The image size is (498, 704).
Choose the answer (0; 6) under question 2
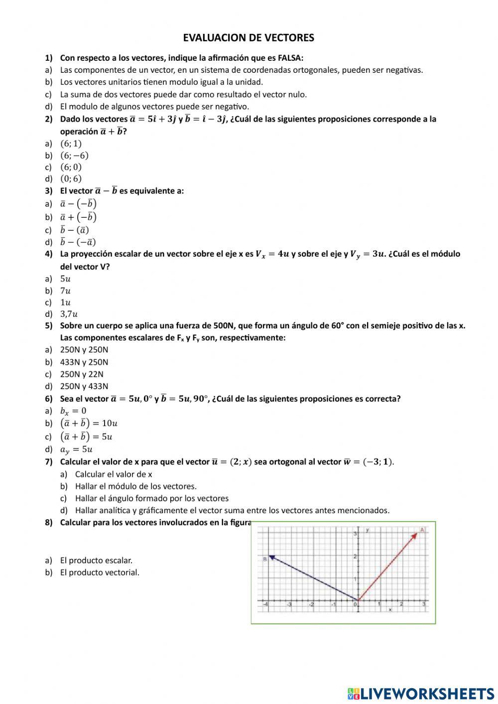[71, 178]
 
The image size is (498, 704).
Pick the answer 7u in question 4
[65, 290]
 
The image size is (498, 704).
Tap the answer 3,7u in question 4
[69, 314]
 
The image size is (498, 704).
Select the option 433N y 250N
[84, 362]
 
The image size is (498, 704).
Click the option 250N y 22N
[82, 374]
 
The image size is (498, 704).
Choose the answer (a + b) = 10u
[89, 423]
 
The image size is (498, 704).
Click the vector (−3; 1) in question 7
[378, 462]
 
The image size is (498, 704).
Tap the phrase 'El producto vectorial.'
[100, 572]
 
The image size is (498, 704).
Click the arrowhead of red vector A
[415, 535]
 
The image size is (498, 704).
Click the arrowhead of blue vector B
[271, 557]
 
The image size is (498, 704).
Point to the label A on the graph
[422, 530]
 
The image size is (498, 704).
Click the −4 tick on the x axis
[265, 604]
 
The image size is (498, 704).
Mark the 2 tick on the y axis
[355, 556]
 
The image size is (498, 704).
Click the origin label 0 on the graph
[355, 604]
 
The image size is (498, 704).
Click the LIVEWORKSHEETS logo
[421, 693]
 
